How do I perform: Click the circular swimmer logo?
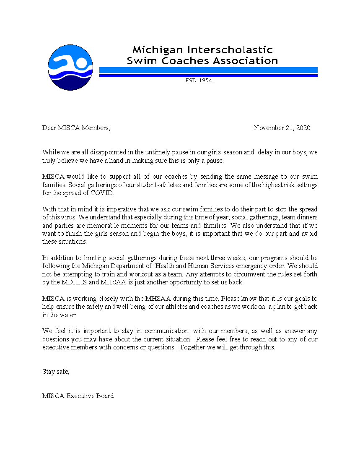70,68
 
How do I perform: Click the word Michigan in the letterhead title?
154,50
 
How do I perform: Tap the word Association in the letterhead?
246,61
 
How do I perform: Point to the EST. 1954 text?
199,81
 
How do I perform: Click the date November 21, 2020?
282,128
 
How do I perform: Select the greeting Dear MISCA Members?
76,128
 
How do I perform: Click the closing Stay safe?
56,372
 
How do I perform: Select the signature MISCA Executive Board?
78,396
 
